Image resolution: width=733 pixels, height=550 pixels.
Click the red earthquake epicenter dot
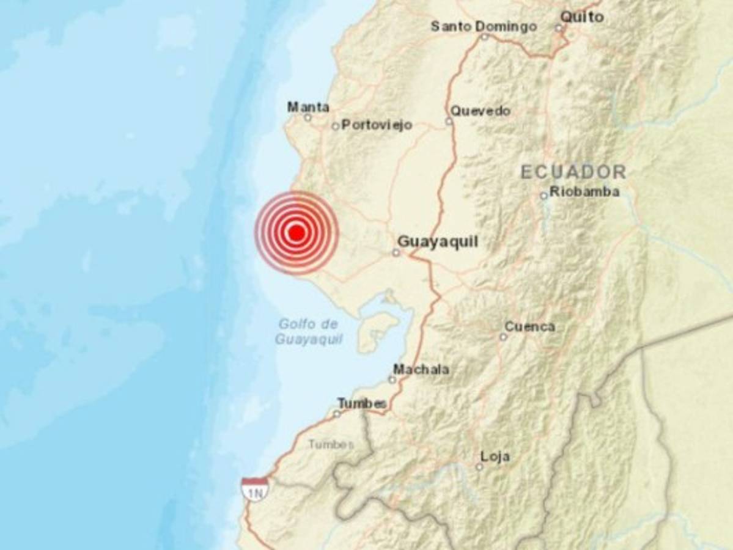(x=297, y=233)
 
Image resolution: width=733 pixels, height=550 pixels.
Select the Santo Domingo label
(x=484, y=26)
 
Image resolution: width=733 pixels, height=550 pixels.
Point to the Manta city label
(x=308, y=107)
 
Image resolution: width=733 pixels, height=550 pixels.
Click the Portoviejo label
(x=377, y=125)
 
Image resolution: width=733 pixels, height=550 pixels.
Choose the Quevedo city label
(x=481, y=111)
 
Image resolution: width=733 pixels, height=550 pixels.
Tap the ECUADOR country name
(x=573, y=172)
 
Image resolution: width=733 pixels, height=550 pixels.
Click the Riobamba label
(x=584, y=192)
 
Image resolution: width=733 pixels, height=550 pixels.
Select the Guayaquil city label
(x=438, y=243)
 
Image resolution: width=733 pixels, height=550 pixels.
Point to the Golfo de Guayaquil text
(x=308, y=332)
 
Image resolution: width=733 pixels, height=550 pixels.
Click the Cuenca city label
(x=529, y=327)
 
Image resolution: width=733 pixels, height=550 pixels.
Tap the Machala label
(x=421, y=369)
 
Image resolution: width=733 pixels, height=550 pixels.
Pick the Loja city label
(x=495, y=457)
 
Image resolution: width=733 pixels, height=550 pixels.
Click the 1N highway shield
(x=254, y=490)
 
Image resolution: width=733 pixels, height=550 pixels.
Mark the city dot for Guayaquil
(x=396, y=252)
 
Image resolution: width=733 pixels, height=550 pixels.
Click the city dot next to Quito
(x=558, y=28)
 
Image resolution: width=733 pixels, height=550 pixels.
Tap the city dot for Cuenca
(x=503, y=337)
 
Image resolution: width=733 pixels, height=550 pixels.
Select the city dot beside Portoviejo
(x=335, y=127)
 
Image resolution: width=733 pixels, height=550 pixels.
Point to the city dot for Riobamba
(x=543, y=196)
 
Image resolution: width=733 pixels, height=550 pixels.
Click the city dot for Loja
(x=479, y=466)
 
